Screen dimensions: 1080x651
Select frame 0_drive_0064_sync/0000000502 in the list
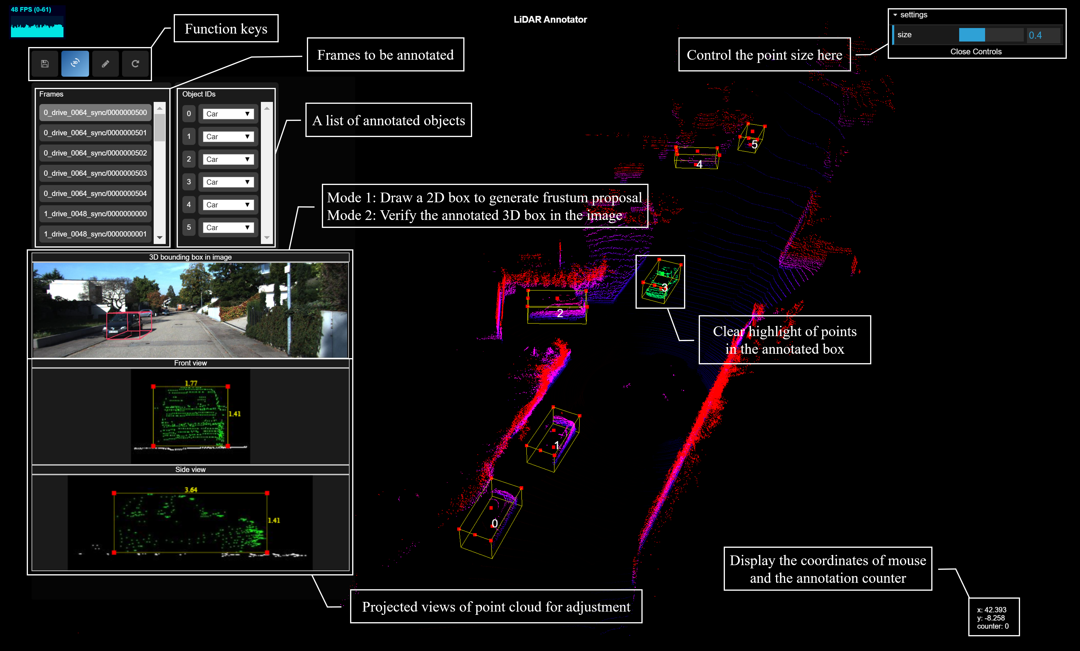96,153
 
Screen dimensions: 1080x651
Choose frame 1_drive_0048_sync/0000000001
96,234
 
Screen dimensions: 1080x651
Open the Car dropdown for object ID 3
228,182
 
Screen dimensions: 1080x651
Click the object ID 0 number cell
189,113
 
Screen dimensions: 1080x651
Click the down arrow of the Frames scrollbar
160,238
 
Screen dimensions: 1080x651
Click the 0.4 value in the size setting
1035,35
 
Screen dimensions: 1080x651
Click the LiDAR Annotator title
550,19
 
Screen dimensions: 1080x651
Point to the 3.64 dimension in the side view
191,490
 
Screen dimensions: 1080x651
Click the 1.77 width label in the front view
191,383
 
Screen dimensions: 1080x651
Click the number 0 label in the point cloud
494,523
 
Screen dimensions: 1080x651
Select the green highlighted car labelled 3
661,281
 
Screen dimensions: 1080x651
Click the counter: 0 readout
993,626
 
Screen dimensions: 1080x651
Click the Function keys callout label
226,29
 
